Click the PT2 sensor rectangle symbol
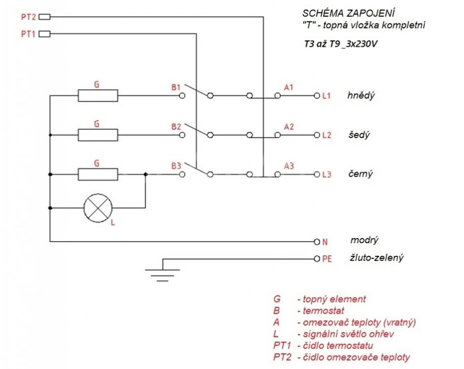coord(45,17)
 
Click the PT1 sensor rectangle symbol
coord(45,34)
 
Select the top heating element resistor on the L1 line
coord(98,96)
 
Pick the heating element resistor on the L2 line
coord(98,135)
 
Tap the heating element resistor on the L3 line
coord(98,175)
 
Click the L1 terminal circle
coord(317,96)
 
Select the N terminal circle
coord(317,242)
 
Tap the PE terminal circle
coord(317,259)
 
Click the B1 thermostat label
coord(176,87)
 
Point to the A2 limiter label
coord(289,127)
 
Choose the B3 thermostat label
coord(176,166)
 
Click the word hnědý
coord(361,95)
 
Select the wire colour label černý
coord(360,173)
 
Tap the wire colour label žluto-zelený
coord(376,258)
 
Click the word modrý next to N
coord(364,240)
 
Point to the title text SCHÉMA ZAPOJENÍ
coord(348,13)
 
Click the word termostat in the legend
coord(323,311)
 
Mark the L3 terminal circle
coord(317,175)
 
